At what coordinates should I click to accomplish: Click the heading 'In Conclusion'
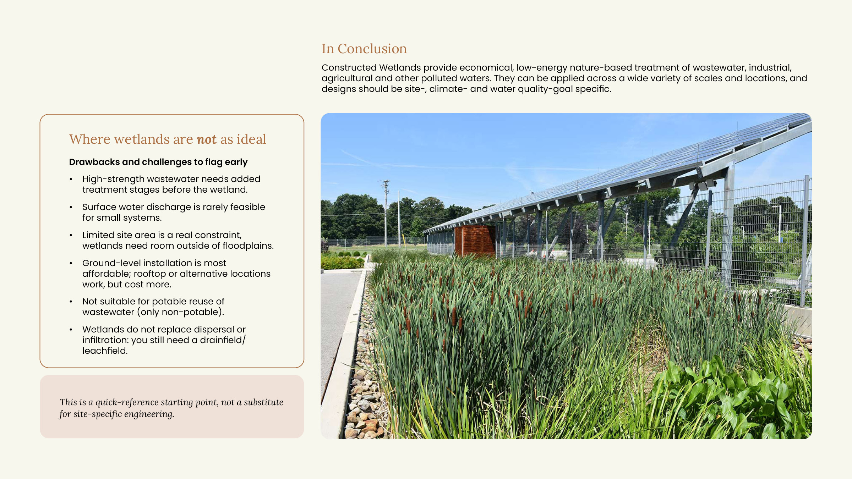[x=364, y=49]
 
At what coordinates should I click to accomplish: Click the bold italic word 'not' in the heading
[x=207, y=139]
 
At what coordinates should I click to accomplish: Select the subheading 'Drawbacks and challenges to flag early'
[x=158, y=162]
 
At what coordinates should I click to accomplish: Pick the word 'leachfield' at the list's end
[x=104, y=351]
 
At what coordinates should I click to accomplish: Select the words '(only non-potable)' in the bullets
[x=180, y=312]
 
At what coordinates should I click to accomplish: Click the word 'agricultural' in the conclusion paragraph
[x=347, y=78]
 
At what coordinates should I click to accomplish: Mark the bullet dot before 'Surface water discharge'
[x=71, y=207]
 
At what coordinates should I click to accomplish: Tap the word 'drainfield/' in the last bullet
[x=223, y=340]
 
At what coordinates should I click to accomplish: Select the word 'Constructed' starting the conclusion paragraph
[x=349, y=68]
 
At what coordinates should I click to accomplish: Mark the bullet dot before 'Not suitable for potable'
[x=71, y=302]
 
